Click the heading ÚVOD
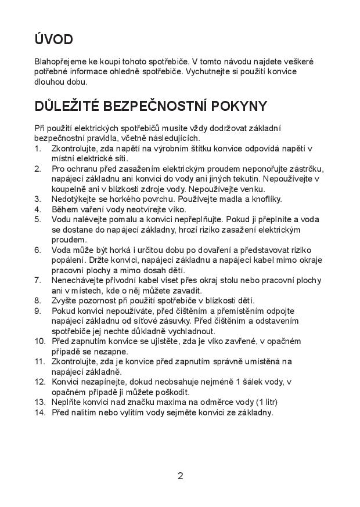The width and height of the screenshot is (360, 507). pyautogui.click(x=53, y=39)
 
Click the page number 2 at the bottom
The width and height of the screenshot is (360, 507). pyautogui.click(x=180, y=476)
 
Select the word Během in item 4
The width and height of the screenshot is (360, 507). pyautogui.click(x=65, y=209)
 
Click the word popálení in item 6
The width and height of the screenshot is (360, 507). pyautogui.click(x=68, y=260)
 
